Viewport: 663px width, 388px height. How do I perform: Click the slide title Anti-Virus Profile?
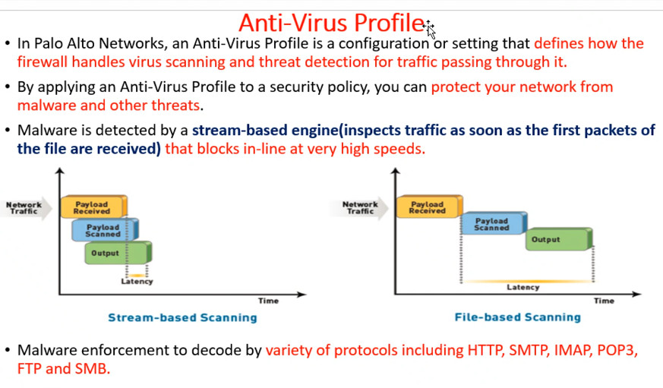(x=331, y=23)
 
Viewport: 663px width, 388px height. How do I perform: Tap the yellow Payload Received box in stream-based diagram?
(x=93, y=207)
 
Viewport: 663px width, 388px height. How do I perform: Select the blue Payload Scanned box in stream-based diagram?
(x=105, y=230)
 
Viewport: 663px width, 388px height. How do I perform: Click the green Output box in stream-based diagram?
(x=118, y=253)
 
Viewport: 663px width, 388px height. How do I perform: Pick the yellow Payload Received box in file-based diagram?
(x=429, y=207)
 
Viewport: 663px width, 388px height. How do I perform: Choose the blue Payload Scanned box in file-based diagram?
(x=494, y=223)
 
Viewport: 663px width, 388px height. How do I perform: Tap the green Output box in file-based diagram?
(x=559, y=239)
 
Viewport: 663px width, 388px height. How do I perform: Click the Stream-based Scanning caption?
(x=182, y=317)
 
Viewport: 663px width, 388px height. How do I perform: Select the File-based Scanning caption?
(x=517, y=317)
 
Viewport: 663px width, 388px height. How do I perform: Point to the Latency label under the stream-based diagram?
(x=137, y=282)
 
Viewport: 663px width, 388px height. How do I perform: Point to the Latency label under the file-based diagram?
(x=523, y=288)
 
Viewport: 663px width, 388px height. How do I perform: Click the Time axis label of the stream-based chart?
(x=269, y=301)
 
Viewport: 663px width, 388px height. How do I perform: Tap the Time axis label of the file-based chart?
(x=604, y=301)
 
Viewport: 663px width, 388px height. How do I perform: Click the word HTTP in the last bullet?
(x=485, y=350)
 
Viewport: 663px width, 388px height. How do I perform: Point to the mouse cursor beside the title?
(x=429, y=29)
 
